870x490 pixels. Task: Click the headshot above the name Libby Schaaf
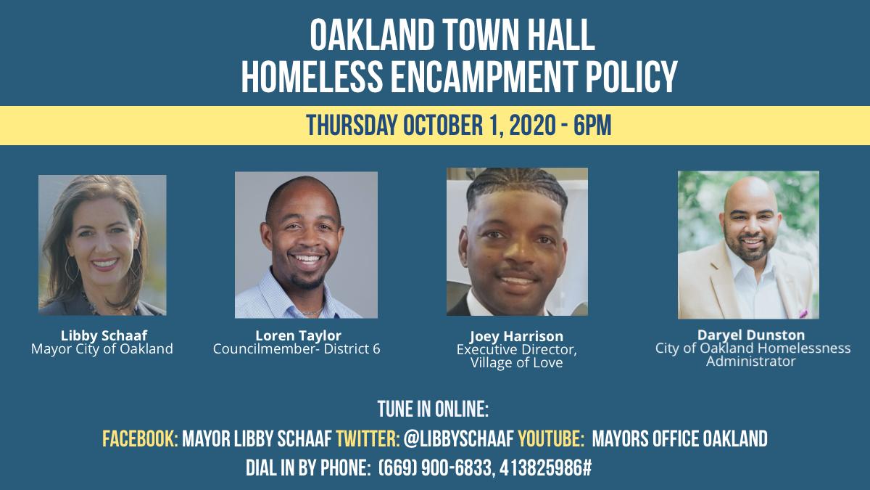point(102,245)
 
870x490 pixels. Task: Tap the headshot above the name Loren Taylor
point(306,245)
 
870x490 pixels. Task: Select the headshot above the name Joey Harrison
point(517,242)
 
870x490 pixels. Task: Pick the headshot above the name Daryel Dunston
point(748,245)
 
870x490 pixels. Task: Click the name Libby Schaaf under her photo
point(104,335)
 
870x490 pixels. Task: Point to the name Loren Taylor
point(298,335)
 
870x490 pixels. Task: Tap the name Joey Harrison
point(516,336)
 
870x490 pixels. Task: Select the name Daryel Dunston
point(751,335)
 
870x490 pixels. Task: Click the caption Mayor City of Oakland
point(101,349)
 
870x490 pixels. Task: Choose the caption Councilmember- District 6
point(297,349)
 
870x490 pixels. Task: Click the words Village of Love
point(516,363)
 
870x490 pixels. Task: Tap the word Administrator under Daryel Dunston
point(751,362)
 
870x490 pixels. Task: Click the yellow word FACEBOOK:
point(140,438)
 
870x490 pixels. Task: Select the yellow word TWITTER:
point(368,438)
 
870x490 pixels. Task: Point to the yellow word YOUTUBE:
point(551,438)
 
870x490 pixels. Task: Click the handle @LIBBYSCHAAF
point(459,438)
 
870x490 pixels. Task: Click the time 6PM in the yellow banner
point(592,125)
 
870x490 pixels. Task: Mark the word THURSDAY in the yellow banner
point(352,125)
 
